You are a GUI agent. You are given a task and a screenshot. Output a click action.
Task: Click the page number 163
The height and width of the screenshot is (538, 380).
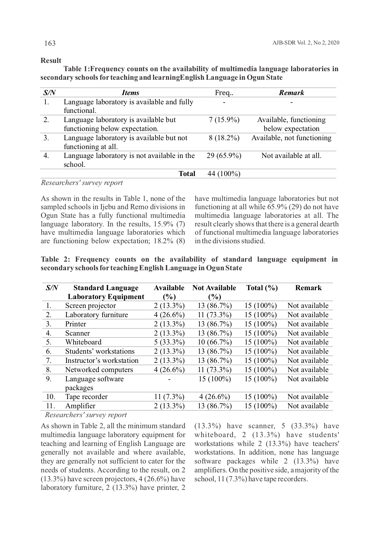(x=50, y=43)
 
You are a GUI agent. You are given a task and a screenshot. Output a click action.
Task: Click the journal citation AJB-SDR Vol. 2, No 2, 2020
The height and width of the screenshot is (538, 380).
(x=306, y=43)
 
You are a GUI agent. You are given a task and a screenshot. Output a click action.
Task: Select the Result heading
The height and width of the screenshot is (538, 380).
(x=51, y=60)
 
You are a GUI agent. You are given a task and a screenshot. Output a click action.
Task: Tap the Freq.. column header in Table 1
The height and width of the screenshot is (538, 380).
(x=224, y=93)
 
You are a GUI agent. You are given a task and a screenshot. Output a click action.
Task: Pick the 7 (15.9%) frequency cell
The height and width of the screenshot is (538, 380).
(x=224, y=120)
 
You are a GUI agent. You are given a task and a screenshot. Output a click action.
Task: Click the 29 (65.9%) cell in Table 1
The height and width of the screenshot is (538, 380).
(x=224, y=156)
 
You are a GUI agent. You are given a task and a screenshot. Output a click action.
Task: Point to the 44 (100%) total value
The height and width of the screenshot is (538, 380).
(x=224, y=174)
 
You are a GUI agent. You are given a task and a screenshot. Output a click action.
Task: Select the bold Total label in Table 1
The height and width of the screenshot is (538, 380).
(x=187, y=174)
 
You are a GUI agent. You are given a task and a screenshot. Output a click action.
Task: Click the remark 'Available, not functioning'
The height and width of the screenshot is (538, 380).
(x=291, y=138)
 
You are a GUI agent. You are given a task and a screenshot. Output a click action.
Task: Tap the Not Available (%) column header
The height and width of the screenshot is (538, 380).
(x=214, y=292)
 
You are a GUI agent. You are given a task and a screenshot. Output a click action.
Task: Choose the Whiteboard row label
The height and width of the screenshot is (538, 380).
(x=83, y=342)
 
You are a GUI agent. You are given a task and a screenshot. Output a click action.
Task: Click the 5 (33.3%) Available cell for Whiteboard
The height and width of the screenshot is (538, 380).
(x=169, y=342)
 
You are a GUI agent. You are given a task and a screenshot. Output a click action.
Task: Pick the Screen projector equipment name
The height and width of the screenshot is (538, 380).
(x=90, y=306)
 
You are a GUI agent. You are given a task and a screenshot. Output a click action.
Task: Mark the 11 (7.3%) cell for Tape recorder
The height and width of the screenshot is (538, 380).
(x=169, y=397)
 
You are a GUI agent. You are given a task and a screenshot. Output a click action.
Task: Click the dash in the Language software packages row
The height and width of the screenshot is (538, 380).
(x=169, y=379)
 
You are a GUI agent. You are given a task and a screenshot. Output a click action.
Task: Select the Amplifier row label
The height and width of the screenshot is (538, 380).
(x=80, y=406)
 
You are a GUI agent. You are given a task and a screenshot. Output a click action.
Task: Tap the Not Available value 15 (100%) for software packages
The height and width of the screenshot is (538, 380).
(x=215, y=379)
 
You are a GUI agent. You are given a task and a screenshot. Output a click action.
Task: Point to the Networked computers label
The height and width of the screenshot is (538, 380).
(x=99, y=370)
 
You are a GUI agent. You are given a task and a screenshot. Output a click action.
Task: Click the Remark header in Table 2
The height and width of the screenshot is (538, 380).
(x=308, y=288)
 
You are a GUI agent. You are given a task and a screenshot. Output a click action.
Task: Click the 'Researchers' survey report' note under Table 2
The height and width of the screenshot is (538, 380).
(x=86, y=415)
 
